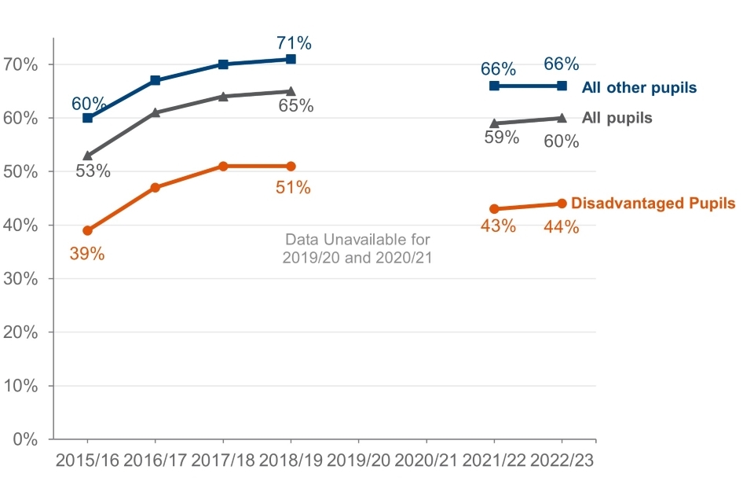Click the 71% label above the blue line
click(x=294, y=42)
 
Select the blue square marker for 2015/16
click(x=87, y=118)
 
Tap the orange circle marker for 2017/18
click(x=223, y=167)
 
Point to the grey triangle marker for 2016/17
click(x=156, y=112)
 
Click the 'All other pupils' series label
click(x=639, y=87)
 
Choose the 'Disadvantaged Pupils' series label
click(x=653, y=203)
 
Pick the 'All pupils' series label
click(x=617, y=118)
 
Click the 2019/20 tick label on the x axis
click(x=358, y=461)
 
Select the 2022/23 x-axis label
click(x=562, y=461)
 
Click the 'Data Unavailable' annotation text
click(x=357, y=248)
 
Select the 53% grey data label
click(x=93, y=170)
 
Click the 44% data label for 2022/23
click(x=562, y=227)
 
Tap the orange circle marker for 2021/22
click(x=494, y=209)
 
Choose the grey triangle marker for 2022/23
click(x=562, y=118)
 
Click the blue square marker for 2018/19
click(x=291, y=59)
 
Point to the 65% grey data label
click(x=296, y=105)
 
